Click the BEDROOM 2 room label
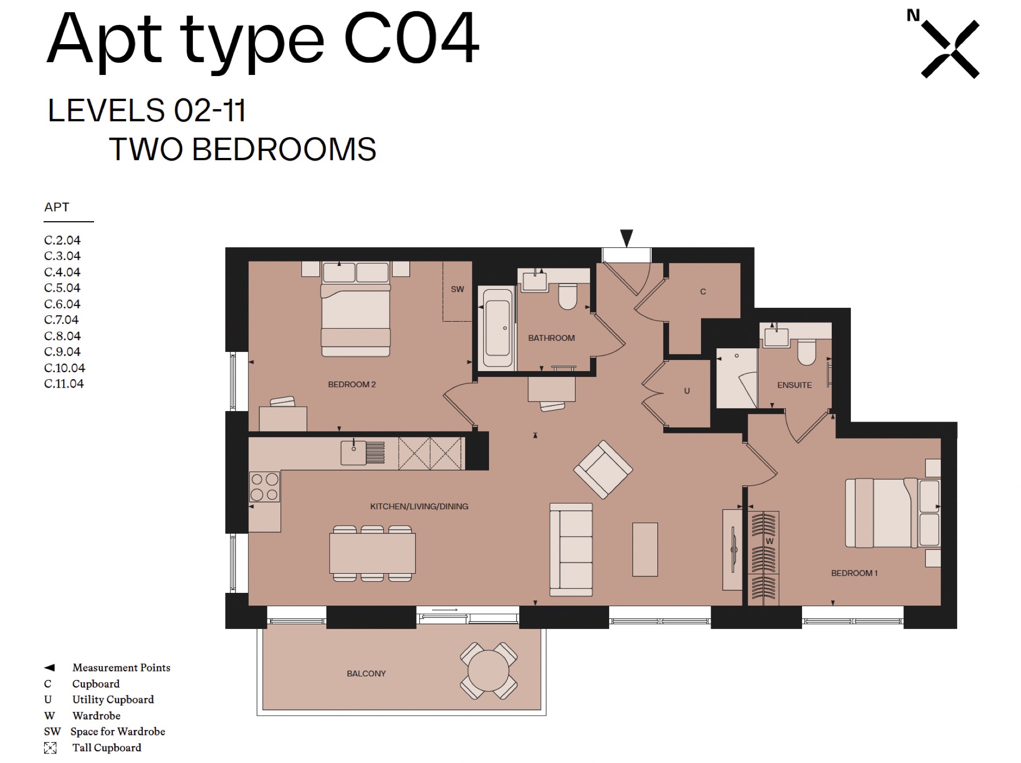(352, 384)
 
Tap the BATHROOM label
(551, 338)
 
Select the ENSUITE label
(795, 385)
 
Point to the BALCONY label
(366, 674)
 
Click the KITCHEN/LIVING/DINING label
(419, 507)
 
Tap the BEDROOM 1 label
(855, 573)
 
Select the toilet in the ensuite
(807, 353)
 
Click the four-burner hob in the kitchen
(264, 487)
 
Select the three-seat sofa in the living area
(571, 550)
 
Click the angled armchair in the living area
(603, 469)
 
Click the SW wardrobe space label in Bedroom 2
(457, 290)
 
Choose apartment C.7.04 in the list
(62, 320)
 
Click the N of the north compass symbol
(913, 16)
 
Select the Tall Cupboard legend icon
(50, 748)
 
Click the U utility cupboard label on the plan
(687, 391)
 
